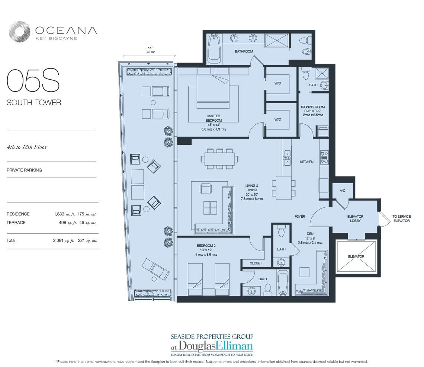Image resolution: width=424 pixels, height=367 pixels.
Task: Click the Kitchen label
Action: click(x=307, y=162)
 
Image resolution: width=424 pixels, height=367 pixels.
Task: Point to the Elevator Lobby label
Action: click(x=355, y=218)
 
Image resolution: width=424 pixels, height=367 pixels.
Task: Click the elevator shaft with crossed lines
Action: click(x=356, y=256)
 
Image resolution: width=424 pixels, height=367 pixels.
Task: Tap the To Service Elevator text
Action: click(x=402, y=218)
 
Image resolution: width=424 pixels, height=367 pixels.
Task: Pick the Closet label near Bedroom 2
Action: click(x=256, y=263)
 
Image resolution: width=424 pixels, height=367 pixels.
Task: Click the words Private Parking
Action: click(x=24, y=170)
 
